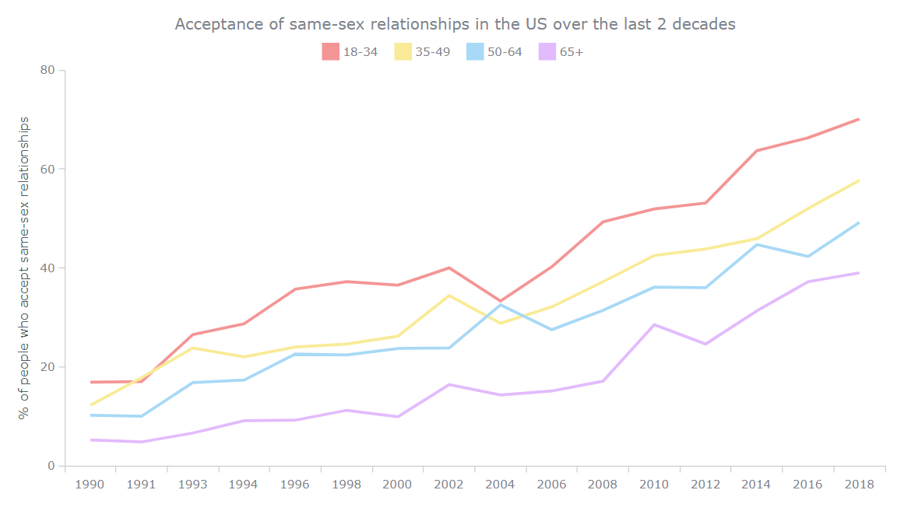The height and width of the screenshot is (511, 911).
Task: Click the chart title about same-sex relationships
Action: pyautogui.click(x=455, y=24)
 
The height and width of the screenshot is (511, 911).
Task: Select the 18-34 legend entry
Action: pyautogui.click(x=350, y=52)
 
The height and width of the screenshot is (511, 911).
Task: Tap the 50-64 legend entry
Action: pyautogui.click(x=494, y=52)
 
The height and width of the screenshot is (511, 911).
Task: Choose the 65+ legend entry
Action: pyautogui.click(x=561, y=52)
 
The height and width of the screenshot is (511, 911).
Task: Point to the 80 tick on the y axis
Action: pyautogui.click(x=47, y=70)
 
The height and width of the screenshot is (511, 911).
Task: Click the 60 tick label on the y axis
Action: pyautogui.click(x=47, y=169)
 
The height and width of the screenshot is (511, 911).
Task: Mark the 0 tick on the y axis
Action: pyautogui.click(x=51, y=466)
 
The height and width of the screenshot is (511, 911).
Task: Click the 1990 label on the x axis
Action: pyautogui.click(x=90, y=484)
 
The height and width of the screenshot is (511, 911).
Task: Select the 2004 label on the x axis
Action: pyautogui.click(x=500, y=484)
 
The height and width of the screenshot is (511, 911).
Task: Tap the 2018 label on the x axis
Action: pyautogui.click(x=859, y=484)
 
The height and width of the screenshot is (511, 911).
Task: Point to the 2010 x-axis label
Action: pyautogui.click(x=654, y=484)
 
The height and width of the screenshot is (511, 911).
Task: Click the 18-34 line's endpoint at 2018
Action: pyautogui.click(x=859, y=119)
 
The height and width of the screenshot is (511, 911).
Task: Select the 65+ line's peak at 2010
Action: pyautogui.click(x=654, y=324)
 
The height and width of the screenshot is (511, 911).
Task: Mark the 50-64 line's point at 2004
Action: pyautogui.click(x=500, y=305)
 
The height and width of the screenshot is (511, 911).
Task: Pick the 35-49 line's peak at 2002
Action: pyautogui.click(x=448, y=296)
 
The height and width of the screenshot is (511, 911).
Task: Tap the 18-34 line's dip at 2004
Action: pyautogui.click(x=500, y=301)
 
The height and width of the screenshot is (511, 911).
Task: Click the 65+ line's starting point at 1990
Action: pyautogui.click(x=91, y=439)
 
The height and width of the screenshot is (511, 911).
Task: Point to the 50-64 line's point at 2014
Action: pyautogui.click(x=757, y=244)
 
